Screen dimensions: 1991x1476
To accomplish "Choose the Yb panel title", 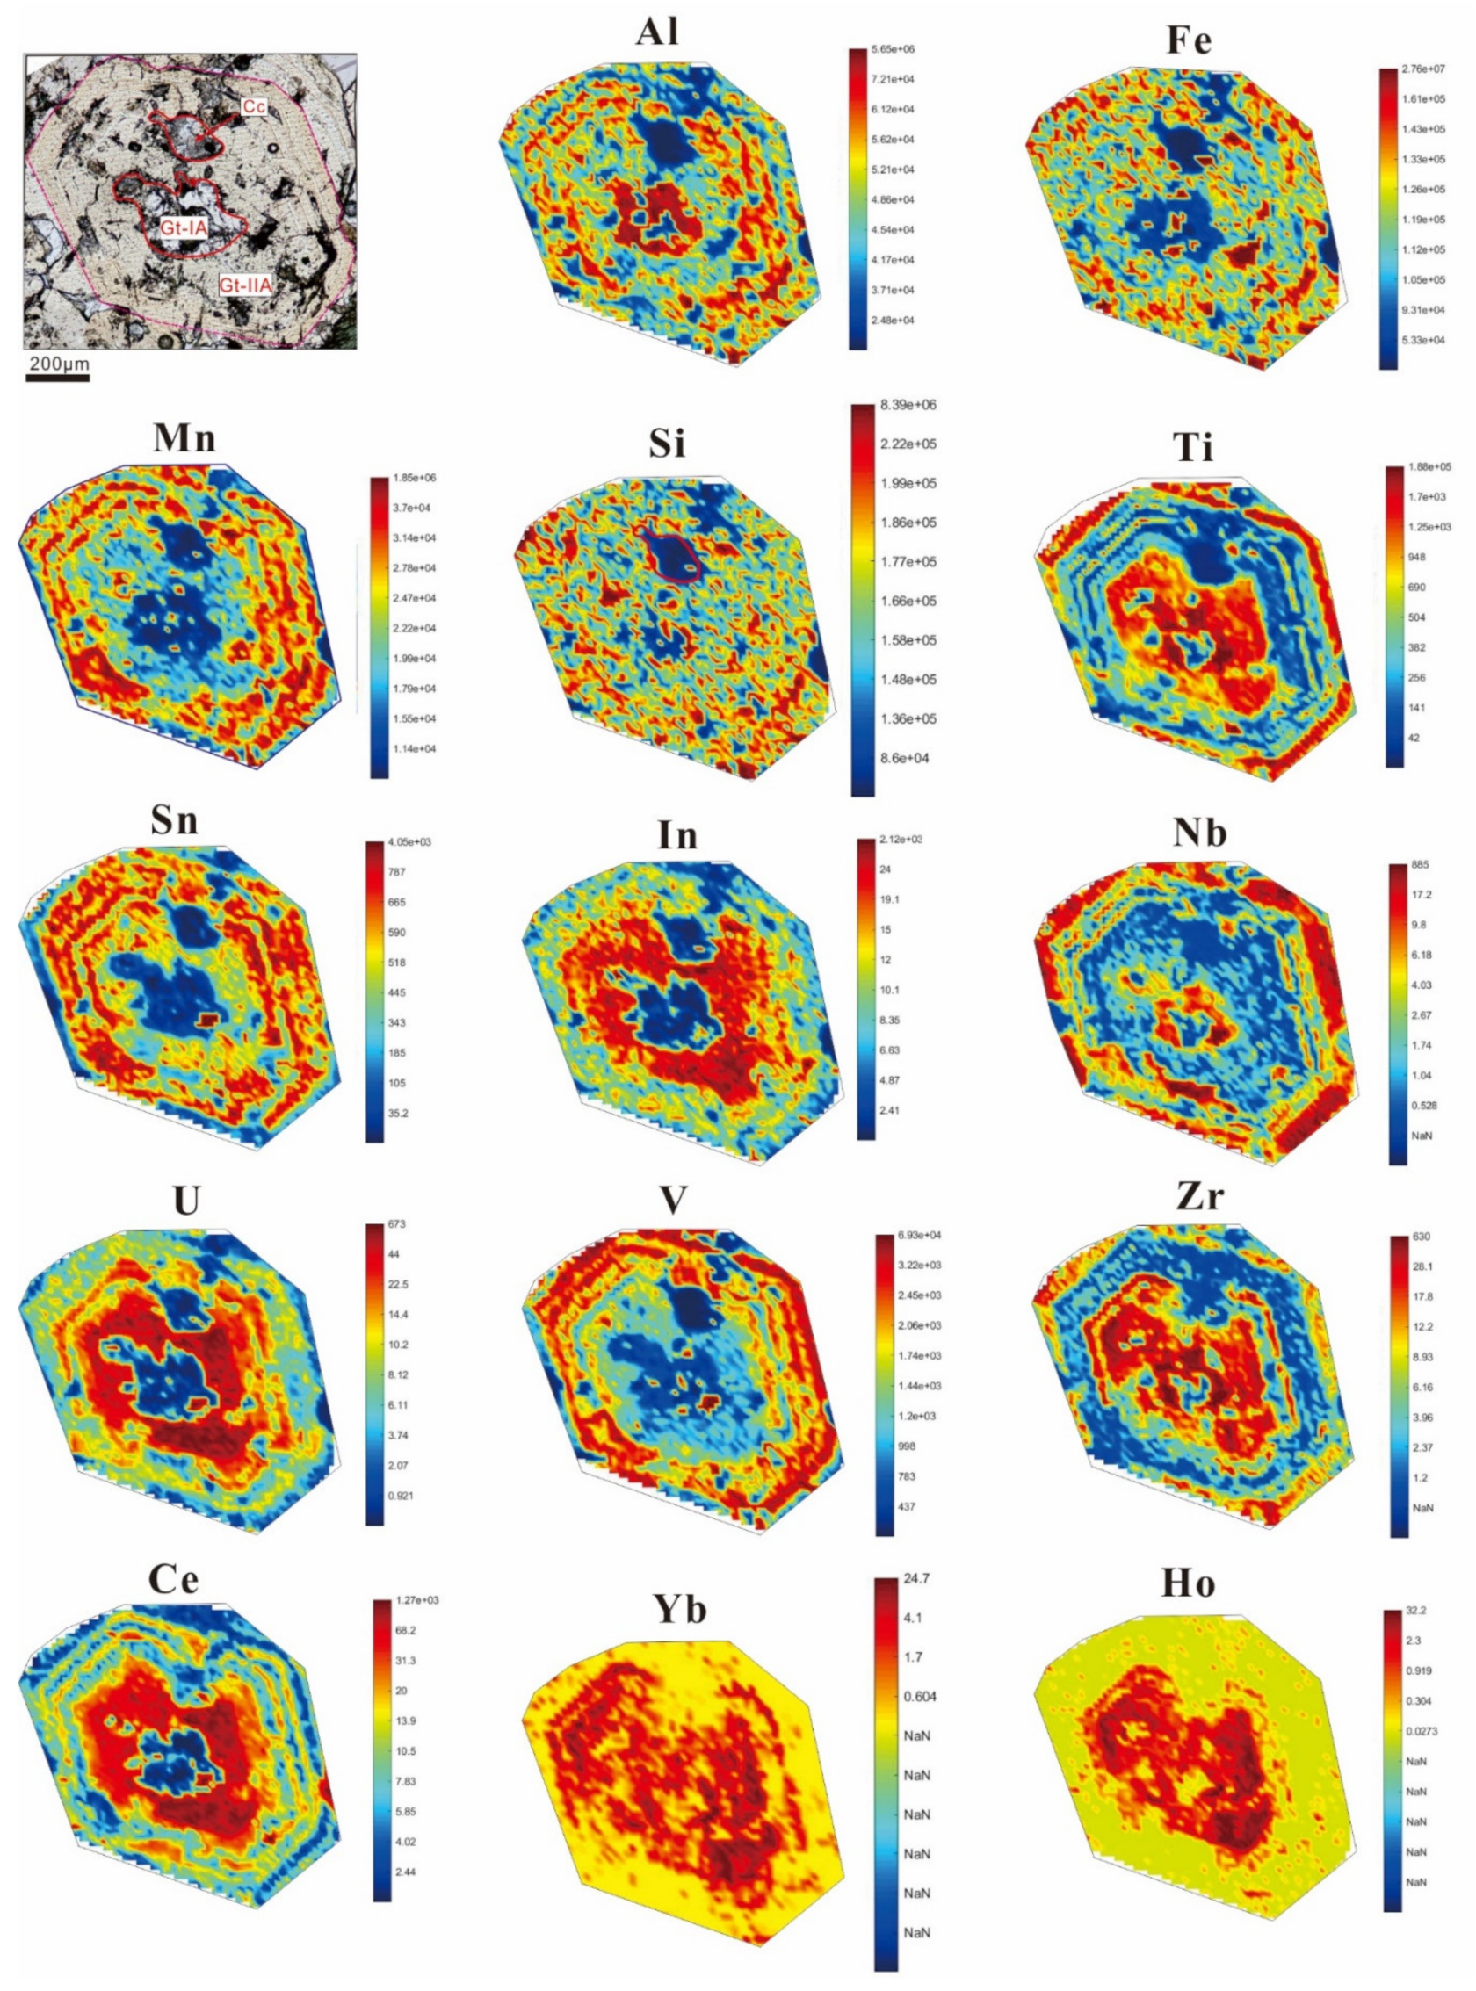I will [680, 1608].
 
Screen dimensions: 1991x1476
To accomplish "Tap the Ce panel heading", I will [173, 1579].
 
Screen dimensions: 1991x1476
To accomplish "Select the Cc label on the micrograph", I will [254, 106].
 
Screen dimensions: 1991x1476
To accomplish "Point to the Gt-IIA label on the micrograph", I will [246, 285].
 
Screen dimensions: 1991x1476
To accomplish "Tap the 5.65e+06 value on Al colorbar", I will [894, 49].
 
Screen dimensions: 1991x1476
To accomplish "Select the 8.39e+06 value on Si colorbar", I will [908, 405].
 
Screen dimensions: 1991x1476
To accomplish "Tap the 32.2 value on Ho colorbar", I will [1420, 1611].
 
